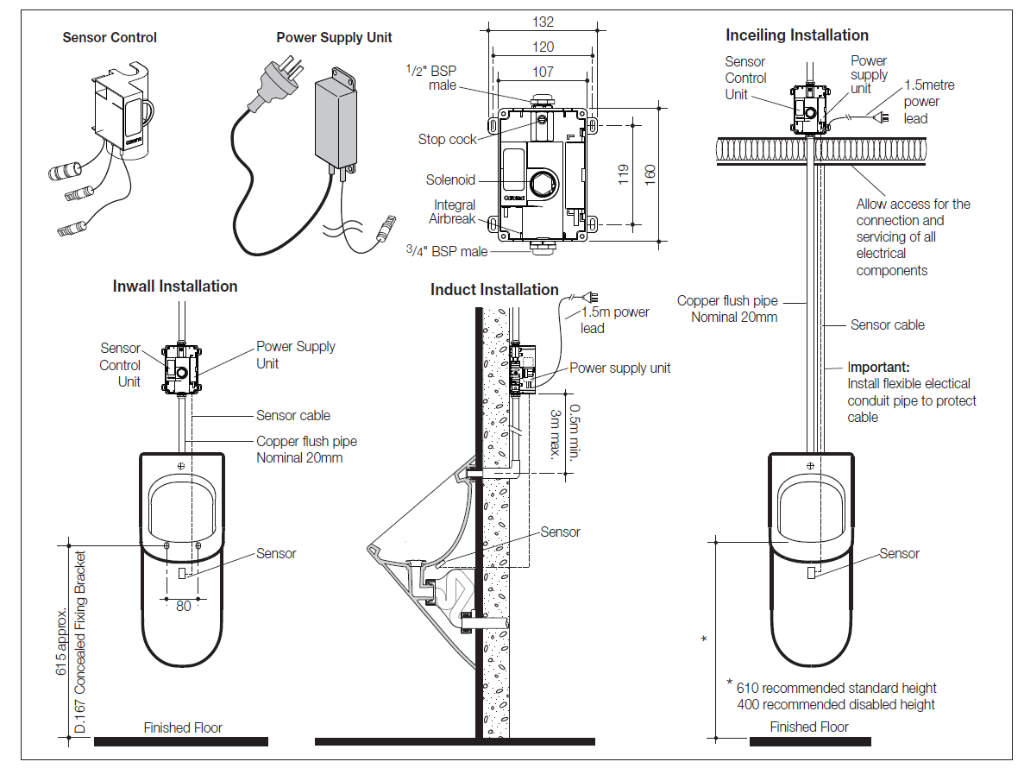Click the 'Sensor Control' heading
110,38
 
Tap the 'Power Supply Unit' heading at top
334,38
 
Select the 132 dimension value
543,22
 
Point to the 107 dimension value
543,72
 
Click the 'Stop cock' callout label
447,139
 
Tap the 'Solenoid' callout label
450,180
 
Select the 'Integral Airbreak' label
454,212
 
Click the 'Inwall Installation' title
175,286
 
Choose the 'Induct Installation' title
494,290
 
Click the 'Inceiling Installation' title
797,35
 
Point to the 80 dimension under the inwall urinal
183,606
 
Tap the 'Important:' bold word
878,367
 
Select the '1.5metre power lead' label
928,102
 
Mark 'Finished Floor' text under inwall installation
183,727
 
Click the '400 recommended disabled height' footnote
835,704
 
